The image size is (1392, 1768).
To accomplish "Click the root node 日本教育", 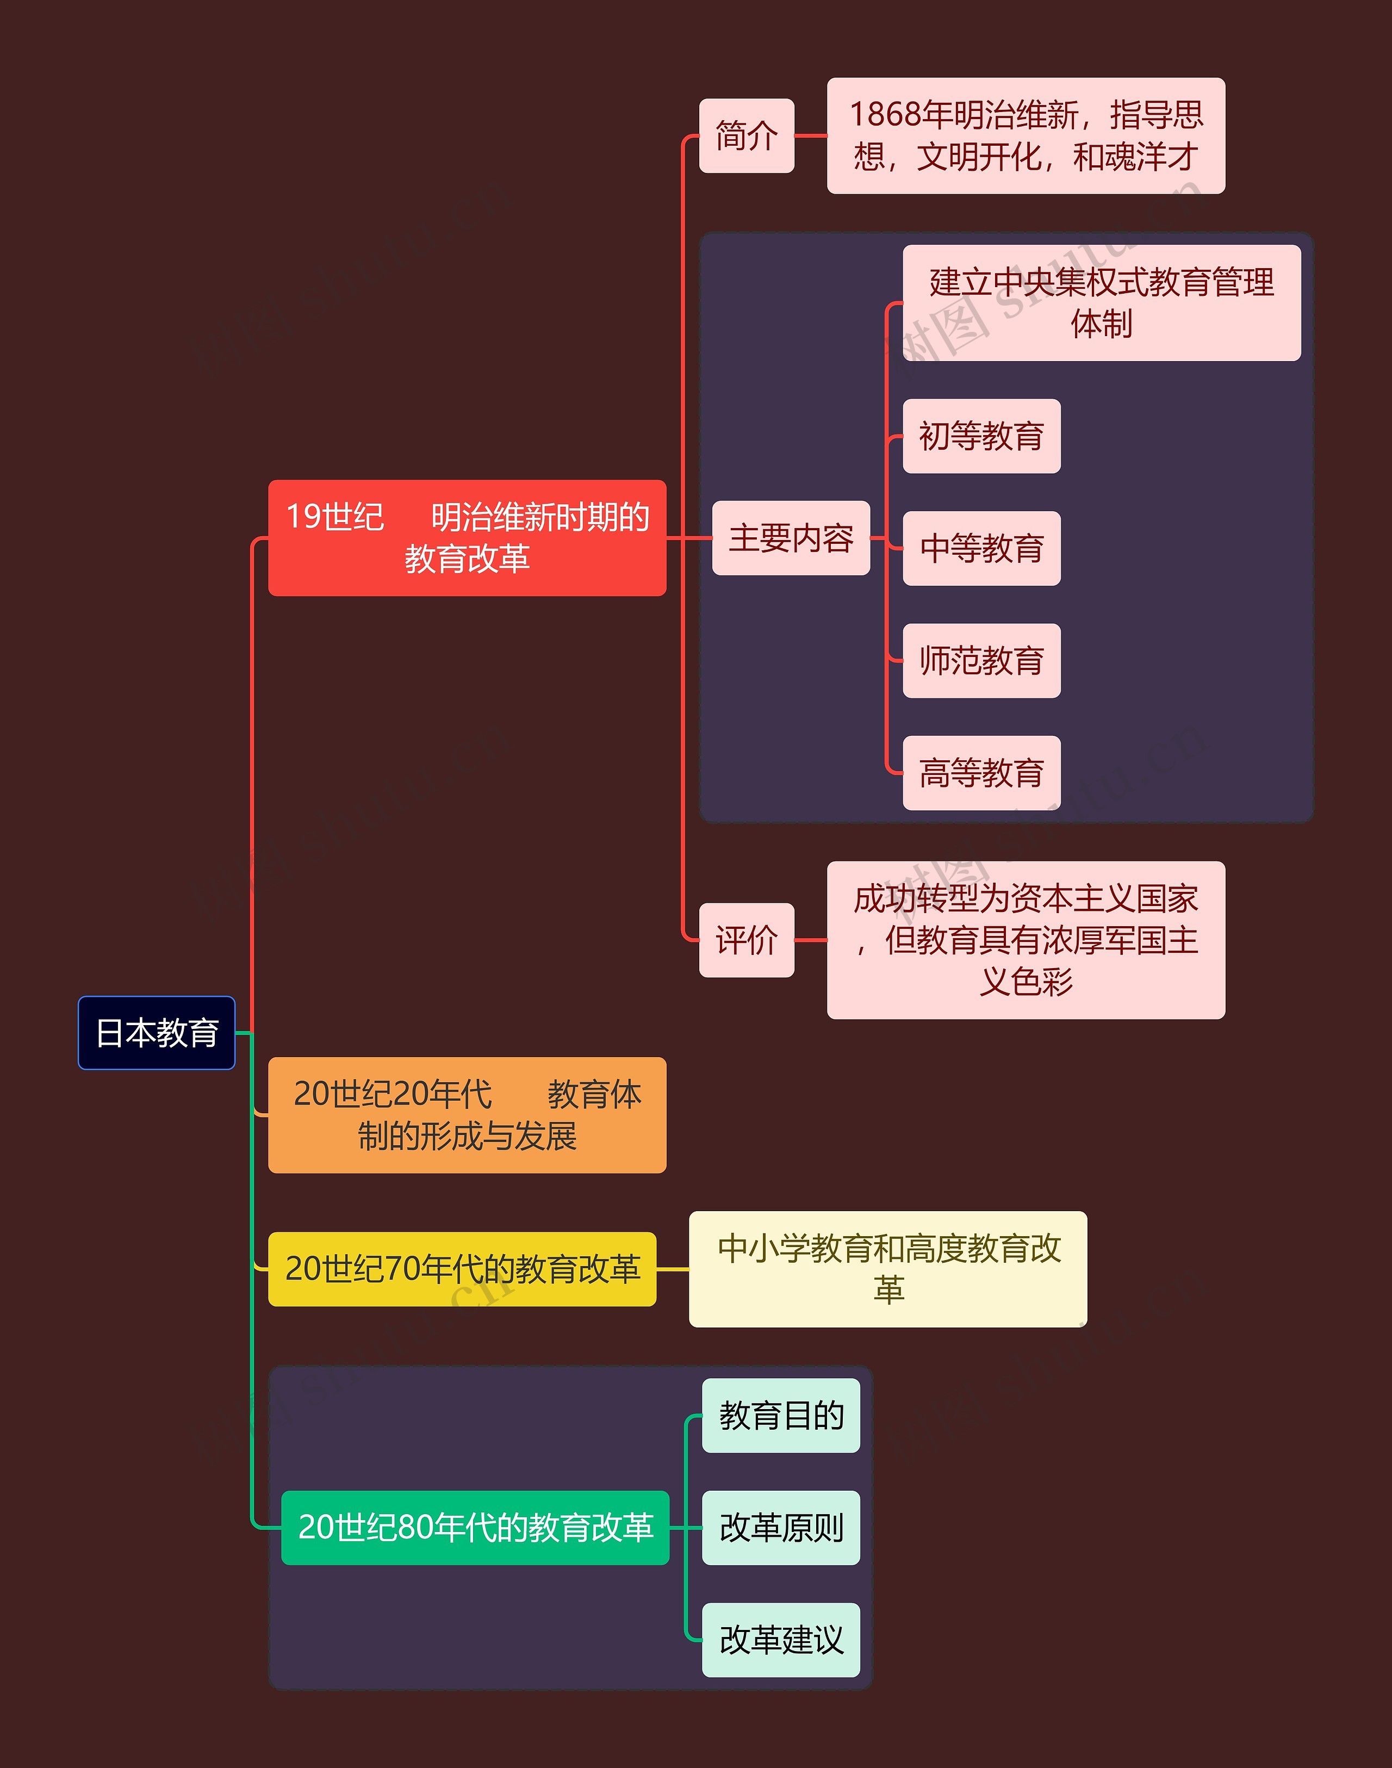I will pos(157,1032).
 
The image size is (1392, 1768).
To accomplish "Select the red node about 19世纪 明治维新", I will pos(467,538).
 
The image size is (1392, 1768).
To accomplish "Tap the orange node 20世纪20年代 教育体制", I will pos(467,1114).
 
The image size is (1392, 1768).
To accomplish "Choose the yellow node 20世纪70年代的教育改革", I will pos(462,1268).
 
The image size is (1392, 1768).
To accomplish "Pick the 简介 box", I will pos(747,135).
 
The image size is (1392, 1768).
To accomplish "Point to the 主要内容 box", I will pos(791,538).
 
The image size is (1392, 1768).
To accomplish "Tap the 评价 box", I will pos(747,939).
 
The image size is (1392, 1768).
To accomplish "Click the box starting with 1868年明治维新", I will pos(1026,135).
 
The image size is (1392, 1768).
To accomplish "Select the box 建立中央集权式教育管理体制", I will pos(1101,302).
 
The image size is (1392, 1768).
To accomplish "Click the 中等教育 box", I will pos(981,548).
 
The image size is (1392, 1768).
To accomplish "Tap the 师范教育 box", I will pos(981,660).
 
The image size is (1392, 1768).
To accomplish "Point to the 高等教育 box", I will pos(981,773).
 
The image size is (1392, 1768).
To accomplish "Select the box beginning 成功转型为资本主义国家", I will pos(1026,939).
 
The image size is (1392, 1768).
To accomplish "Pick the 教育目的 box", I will pos(781,1415).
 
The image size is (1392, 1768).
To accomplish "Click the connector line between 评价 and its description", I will pos(810,940).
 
